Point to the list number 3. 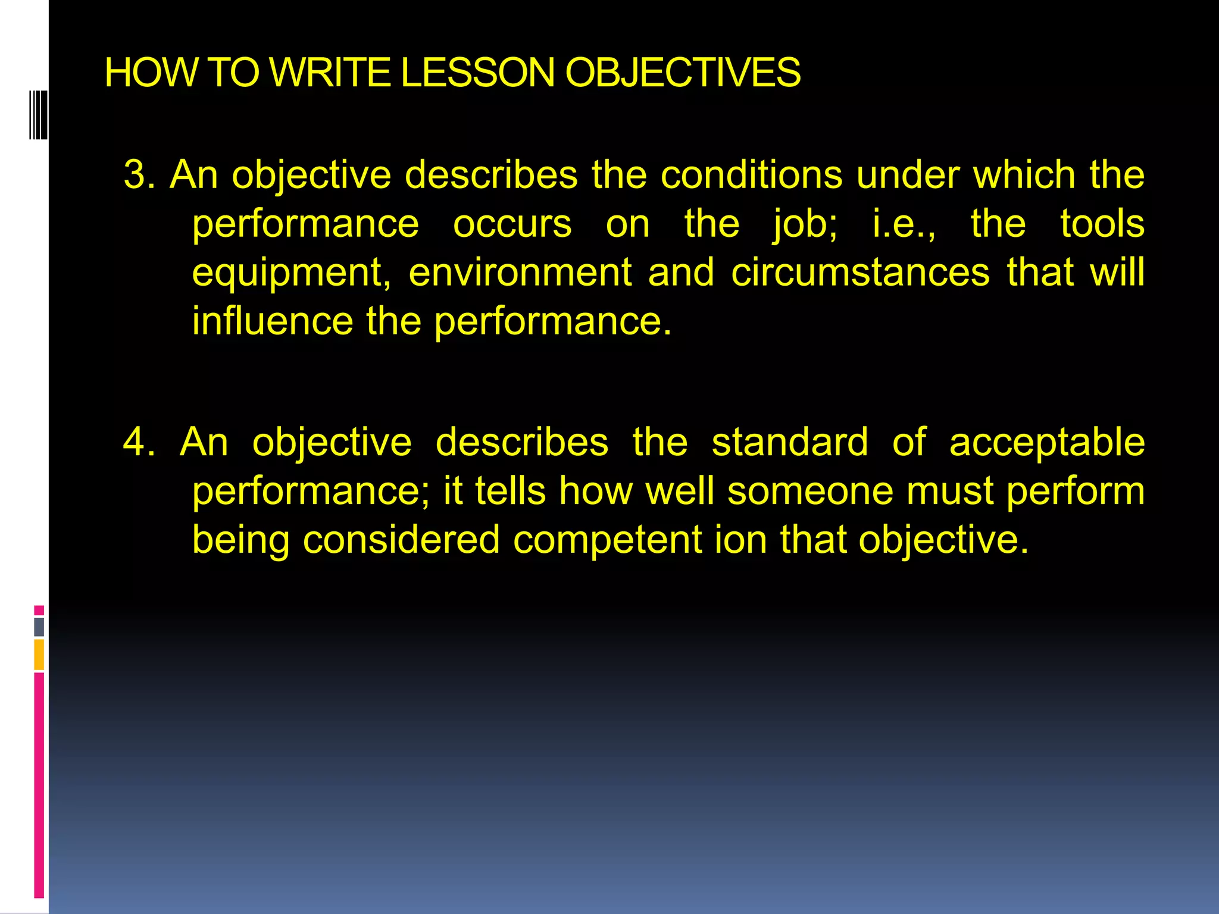pos(138,175)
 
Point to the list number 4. pos(138,442)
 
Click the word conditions pos(752,175)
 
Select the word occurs pos(512,224)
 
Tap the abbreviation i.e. pos(903,224)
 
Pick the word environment pos(520,273)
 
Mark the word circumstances pos(860,273)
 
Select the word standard pos(790,442)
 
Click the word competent pos(608,540)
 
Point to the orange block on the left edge pos(39,655)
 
